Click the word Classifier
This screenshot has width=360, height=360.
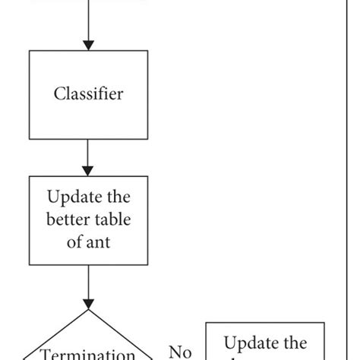88,94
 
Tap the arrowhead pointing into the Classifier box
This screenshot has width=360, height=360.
88,45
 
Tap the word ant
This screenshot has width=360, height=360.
99,242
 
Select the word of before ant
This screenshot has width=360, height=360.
76,242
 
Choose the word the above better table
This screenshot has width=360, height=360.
117,199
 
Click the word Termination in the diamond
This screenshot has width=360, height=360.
88,354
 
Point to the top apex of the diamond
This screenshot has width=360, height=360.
88,309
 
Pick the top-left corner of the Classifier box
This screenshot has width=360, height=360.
30,51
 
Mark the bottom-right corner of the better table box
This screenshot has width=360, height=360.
147,264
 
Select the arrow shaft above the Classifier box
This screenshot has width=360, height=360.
88,19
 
